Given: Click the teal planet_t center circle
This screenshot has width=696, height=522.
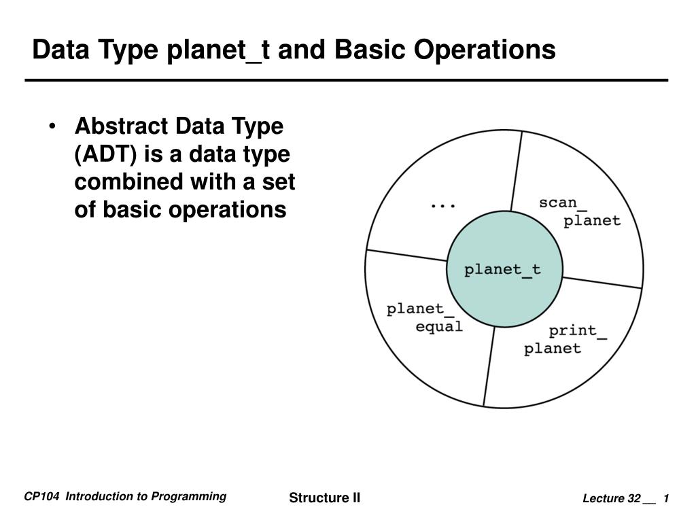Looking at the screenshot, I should [504, 269].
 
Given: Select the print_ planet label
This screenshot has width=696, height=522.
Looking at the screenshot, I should [565, 340].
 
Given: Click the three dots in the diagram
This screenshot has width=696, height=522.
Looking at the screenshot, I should [443, 204].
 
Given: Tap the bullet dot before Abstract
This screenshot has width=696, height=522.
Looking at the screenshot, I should [52, 127].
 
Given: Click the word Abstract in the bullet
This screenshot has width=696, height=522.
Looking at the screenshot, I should [121, 126].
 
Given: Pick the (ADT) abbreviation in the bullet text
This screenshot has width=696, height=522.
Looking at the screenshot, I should [105, 154].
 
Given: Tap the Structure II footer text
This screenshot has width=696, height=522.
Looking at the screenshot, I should [324, 498].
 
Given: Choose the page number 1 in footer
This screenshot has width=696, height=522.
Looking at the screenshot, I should [667, 499].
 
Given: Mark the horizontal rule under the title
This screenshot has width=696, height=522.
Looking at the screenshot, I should [347, 80].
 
